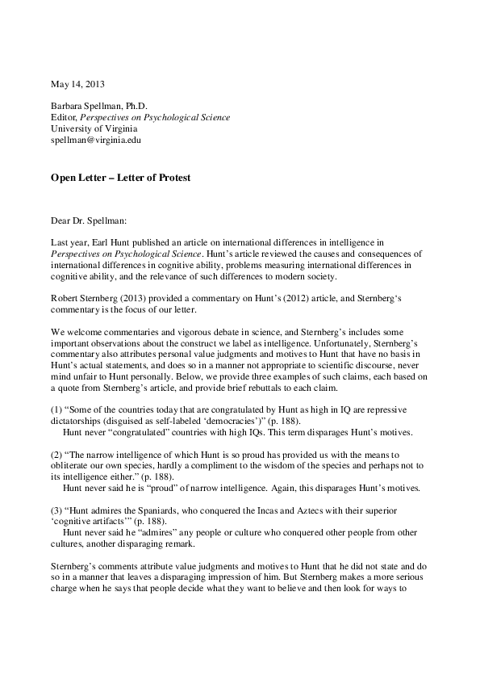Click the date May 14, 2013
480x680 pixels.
[x=77, y=84]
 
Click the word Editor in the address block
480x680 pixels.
[x=65, y=118]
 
